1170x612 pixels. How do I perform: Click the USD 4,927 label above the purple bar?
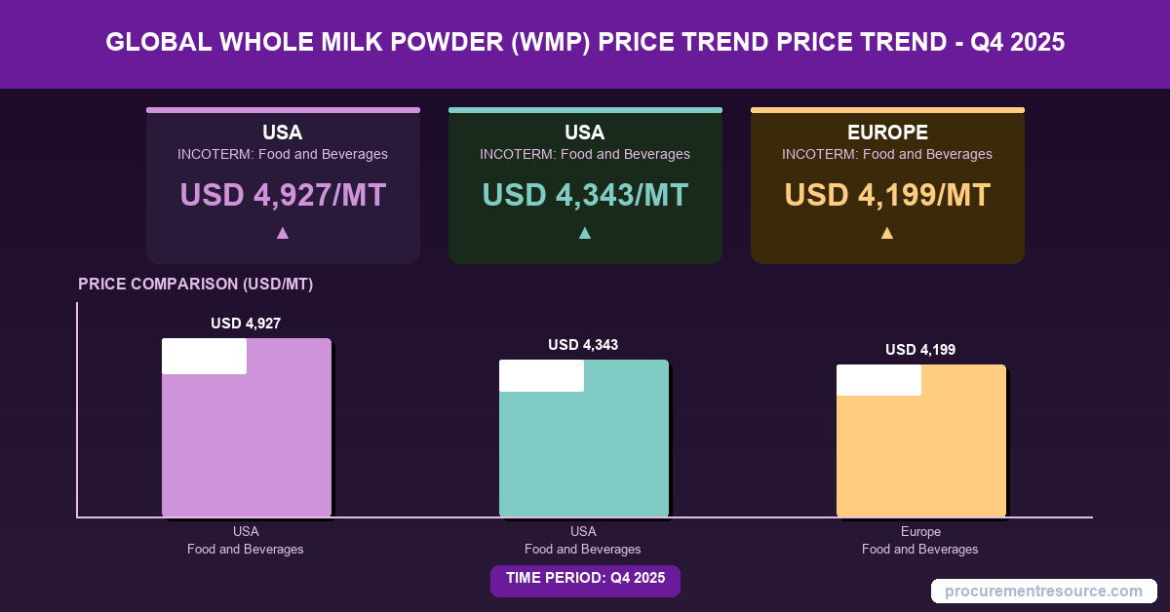click(246, 324)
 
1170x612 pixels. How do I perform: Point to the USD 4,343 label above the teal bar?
click(583, 344)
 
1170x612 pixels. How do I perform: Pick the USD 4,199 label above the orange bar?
click(920, 350)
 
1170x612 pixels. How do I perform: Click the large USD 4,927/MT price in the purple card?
click(283, 195)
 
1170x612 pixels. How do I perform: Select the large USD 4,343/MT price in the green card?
click(585, 195)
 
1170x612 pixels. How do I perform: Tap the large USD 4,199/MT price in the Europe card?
click(887, 195)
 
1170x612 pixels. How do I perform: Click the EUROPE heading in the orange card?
click(887, 133)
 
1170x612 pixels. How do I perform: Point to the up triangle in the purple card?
click(283, 233)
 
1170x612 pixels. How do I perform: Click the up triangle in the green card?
click(585, 233)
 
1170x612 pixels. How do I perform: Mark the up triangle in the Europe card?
click(887, 233)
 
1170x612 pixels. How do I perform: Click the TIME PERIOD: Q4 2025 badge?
click(585, 578)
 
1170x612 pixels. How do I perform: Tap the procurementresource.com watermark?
click(1043, 591)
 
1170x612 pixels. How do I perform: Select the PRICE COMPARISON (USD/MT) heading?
click(195, 285)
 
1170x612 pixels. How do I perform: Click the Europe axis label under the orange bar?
click(920, 532)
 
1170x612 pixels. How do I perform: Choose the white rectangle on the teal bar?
click(541, 375)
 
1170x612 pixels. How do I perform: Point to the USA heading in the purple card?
click(283, 133)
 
